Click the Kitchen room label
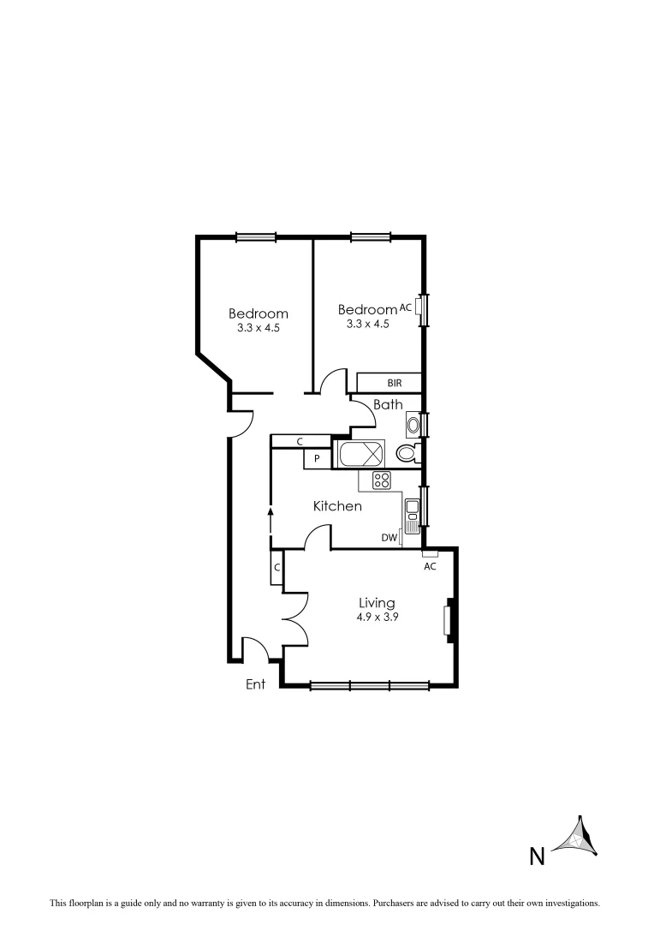pos(337,506)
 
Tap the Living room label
pos(377,603)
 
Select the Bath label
pos(388,404)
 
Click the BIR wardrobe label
pos(394,383)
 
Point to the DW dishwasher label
pos(389,538)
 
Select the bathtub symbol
pos(363,455)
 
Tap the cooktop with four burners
pos(381,480)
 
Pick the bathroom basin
pos(413,425)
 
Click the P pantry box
pos(317,459)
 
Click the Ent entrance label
pos(255,683)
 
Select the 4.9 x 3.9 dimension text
pos(377,617)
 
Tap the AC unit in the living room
pos(430,554)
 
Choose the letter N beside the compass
pos(537,856)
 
